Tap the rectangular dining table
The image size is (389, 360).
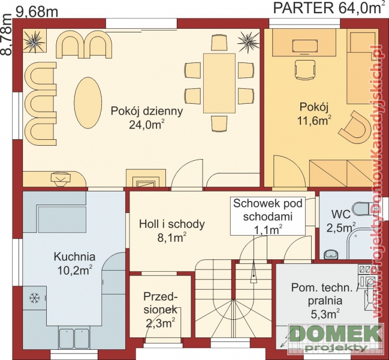coord(219,83)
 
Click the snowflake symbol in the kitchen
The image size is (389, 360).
coord(35,298)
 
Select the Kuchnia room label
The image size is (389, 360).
coord(74,257)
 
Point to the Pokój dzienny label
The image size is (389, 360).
coord(147,111)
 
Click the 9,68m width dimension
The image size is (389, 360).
coord(37,12)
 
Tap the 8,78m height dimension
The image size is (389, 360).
coord(6,34)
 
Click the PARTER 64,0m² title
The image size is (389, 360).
coord(328,8)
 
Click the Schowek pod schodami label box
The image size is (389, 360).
coord(268,216)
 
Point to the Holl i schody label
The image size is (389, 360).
coord(172,224)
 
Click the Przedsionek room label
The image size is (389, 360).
coord(161,303)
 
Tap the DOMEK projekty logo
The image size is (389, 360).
coord(334,338)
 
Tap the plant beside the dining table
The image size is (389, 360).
coord(248,40)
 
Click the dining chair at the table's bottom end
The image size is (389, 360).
coord(219,124)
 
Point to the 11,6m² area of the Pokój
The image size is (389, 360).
coord(314,121)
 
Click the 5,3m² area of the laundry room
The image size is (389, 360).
coord(325,314)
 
